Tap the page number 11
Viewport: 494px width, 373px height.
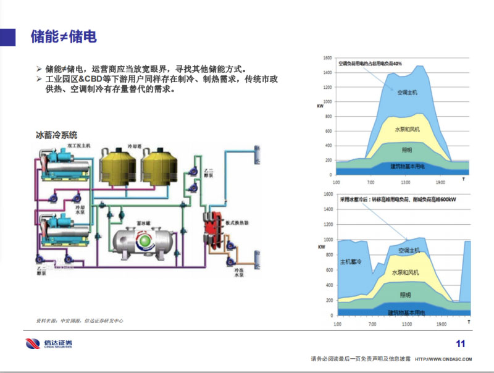pos(460,344)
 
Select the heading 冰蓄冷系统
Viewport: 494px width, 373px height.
pos(57,135)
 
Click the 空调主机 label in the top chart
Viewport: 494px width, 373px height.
pos(407,92)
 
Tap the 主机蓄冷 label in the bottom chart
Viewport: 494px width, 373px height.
pos(350,262)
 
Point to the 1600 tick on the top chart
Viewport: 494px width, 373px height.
pos(327,59)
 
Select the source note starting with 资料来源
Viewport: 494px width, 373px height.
pos(80,321)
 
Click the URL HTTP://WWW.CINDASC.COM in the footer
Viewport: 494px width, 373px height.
pos(443,359)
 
